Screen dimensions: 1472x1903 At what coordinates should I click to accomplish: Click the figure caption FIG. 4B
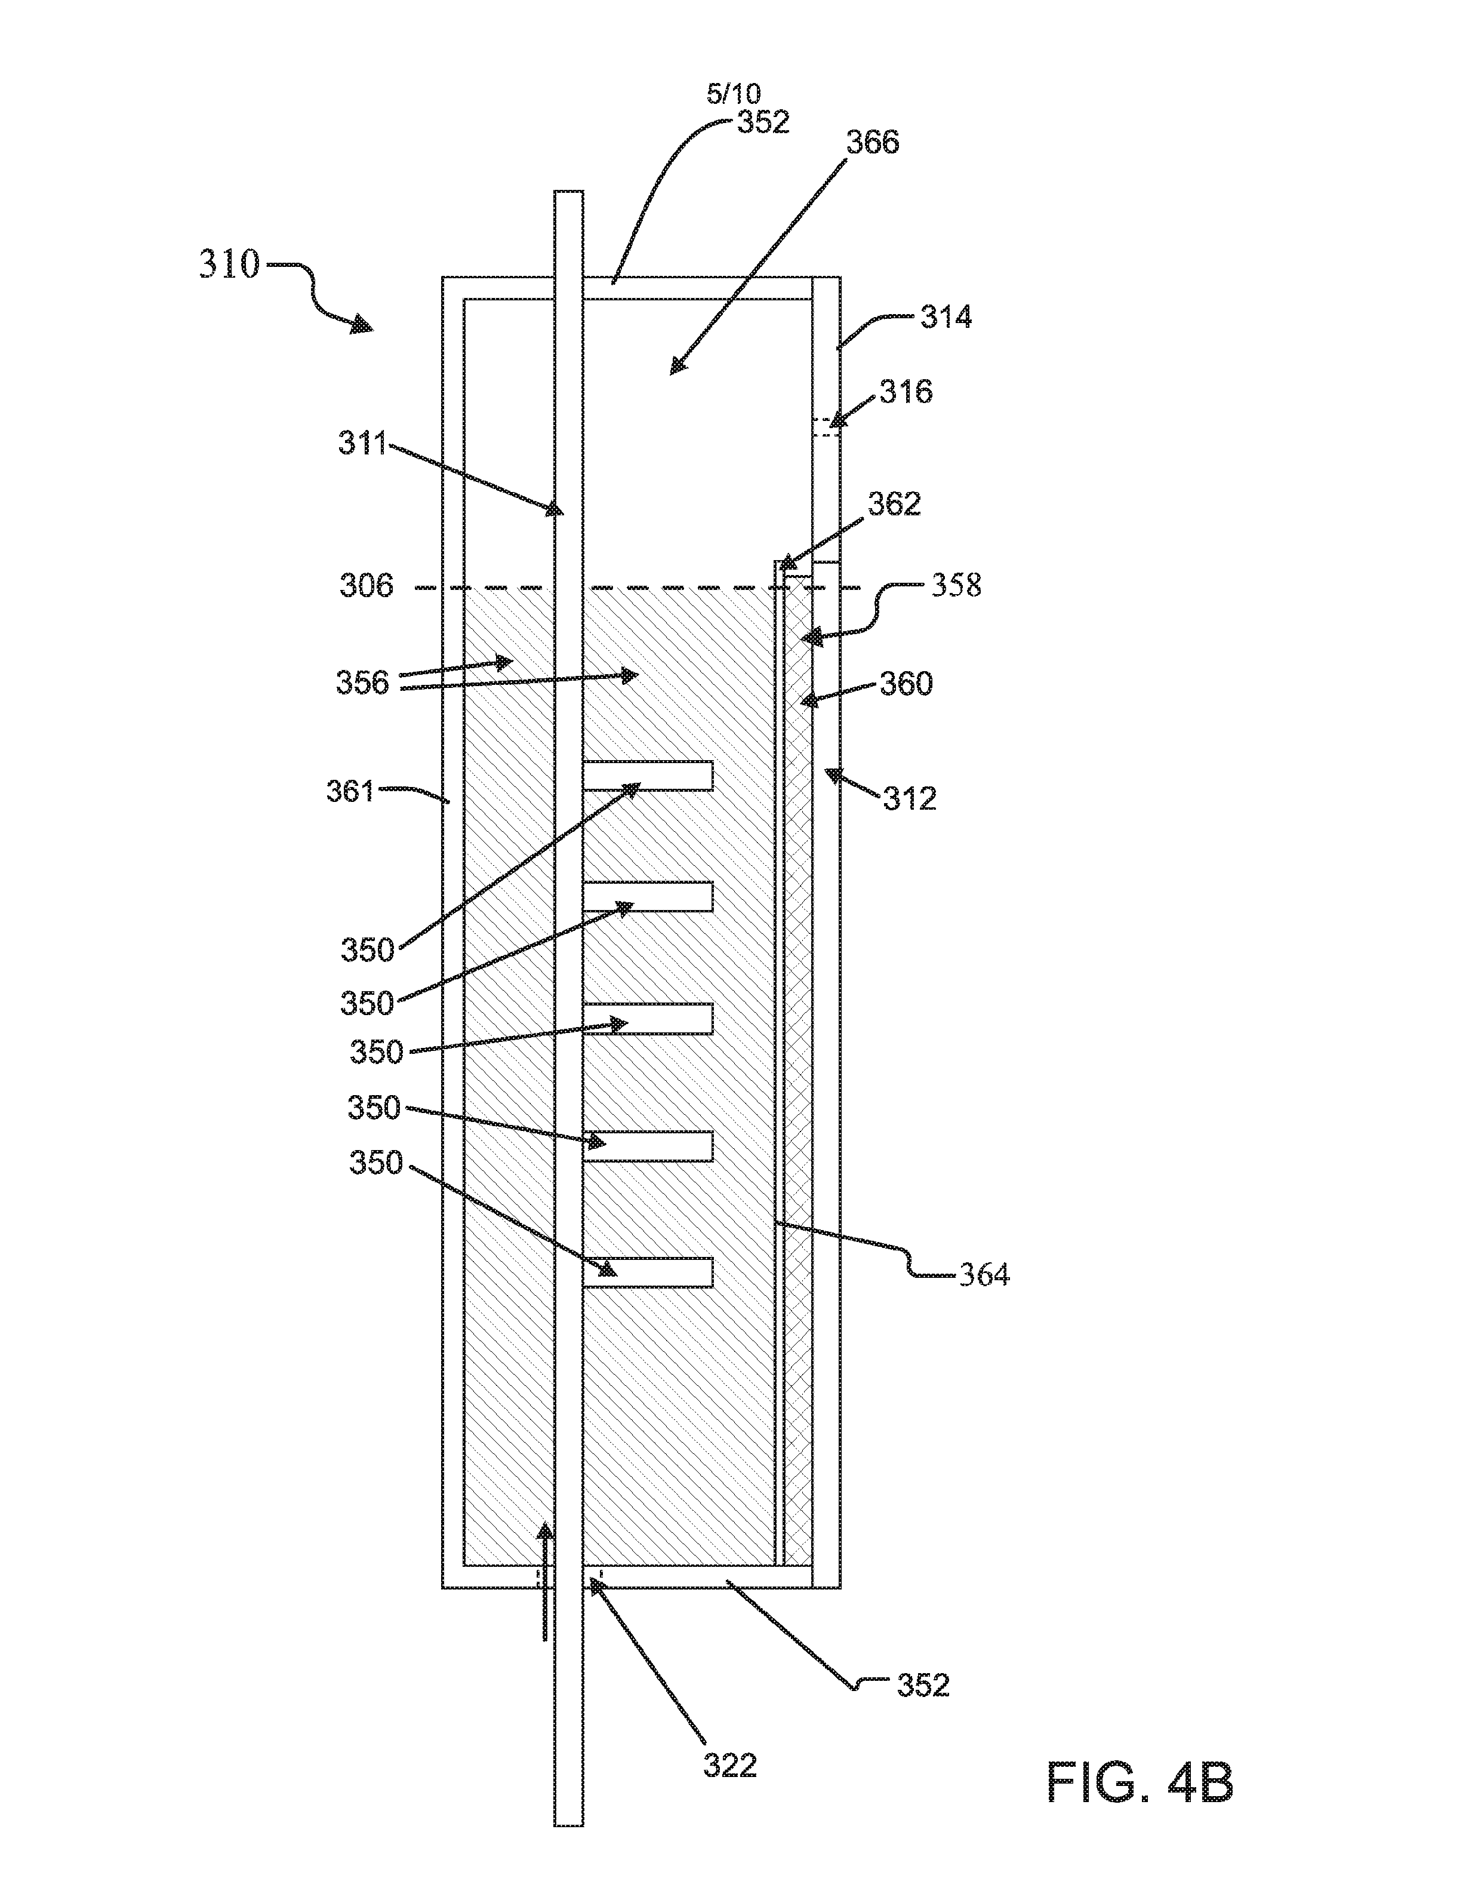click(x=1140, y=1782)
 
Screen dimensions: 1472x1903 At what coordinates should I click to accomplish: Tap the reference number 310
click(x=229, y=264)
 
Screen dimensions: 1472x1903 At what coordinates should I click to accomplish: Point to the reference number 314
click(x=946, y=317)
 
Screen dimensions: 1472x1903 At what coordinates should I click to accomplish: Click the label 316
click(x=906, y=392)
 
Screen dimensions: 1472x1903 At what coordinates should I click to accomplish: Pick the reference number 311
click(x=362, y=444)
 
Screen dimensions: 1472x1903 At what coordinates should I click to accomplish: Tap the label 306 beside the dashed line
click(x=366, y=586)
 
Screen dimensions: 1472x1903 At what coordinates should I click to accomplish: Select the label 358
click(x=956, y=586)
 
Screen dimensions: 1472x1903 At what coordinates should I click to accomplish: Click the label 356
click(x=362, y=683)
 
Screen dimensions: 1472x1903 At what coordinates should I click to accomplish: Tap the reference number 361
click(x=350, y=791)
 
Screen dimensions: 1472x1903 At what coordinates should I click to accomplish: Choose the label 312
click(x=909, y=798)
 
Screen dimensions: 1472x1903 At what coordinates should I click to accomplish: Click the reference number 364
click(x=984, y=1275)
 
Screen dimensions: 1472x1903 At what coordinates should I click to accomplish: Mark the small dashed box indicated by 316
click(x=826, y=427)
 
